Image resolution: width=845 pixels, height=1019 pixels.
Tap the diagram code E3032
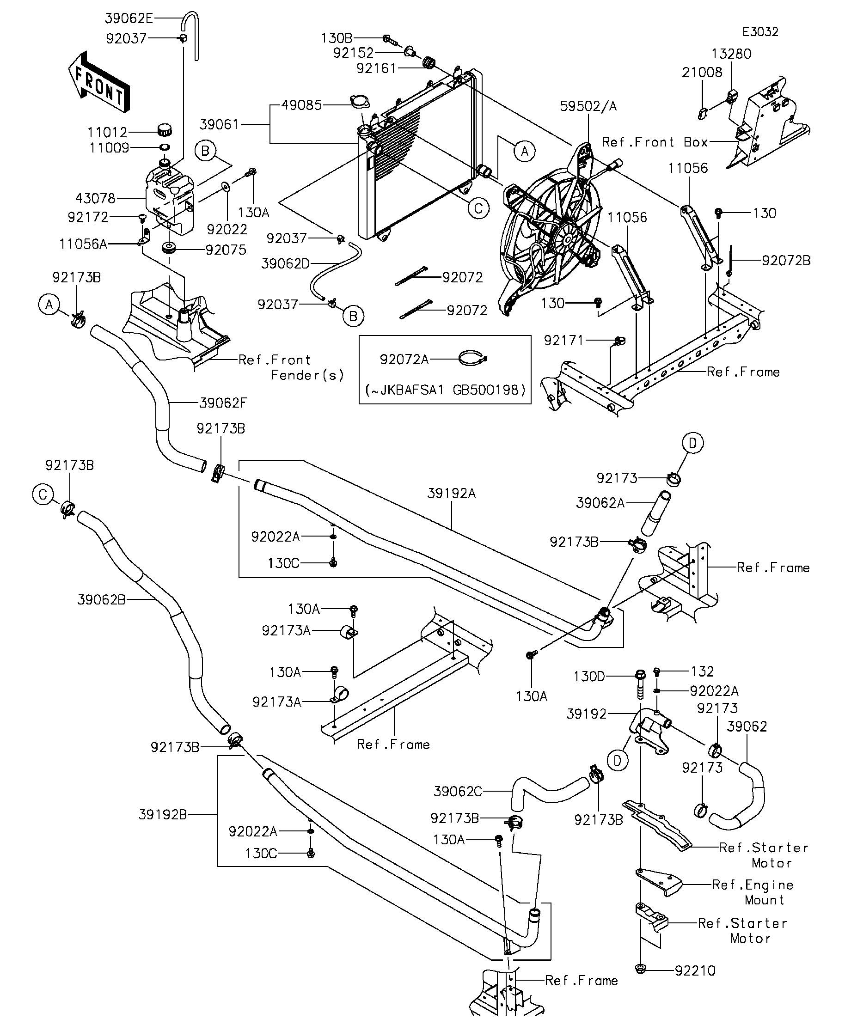point(760,32)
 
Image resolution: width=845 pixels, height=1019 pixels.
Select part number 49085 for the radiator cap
point(301,105)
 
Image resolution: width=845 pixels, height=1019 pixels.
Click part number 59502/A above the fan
point(588,106)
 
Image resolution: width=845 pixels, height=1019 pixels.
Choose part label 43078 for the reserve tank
point(95,198)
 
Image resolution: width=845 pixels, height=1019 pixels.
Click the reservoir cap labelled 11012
point(165,130)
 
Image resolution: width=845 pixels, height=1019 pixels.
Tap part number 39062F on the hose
point(223,403)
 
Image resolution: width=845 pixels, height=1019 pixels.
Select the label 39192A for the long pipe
point(451,494)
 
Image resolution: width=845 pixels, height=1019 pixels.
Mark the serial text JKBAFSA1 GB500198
point(445,390)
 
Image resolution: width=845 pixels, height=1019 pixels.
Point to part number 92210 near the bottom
point(695,970)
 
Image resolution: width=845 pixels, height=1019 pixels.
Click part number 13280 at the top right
point(731,54)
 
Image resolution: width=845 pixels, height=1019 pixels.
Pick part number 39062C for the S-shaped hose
point(458,792)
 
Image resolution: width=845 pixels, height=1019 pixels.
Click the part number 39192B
point(163,815)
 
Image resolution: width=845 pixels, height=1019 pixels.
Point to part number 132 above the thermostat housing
point(702,671)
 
